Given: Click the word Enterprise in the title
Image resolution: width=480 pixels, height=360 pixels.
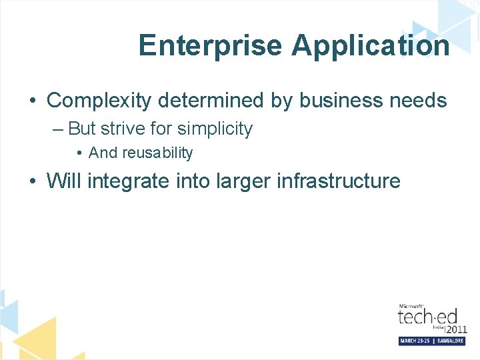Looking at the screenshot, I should coord(211,45).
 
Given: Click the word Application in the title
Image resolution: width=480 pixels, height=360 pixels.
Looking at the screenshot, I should coord(370,45).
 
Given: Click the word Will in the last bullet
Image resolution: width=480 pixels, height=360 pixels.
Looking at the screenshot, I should coord(64,181).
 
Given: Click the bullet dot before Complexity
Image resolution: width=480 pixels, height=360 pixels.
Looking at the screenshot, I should coord(32,101).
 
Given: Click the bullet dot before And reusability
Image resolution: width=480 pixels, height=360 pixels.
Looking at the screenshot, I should coord(79,153).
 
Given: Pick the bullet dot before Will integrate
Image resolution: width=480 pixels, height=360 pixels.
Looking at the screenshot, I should coord(32,181).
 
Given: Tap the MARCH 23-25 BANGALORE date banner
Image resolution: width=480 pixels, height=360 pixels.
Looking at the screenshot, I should coord(432,341).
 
